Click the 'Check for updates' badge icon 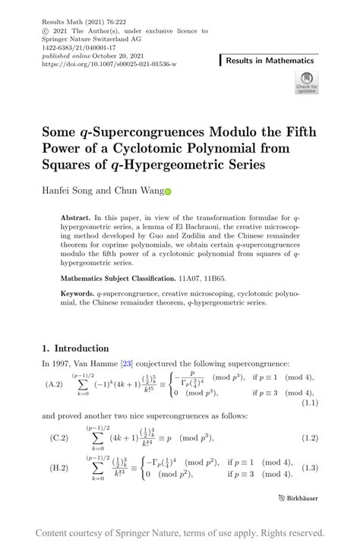pos(308,81)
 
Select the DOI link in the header pos(109,64)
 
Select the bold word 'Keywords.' pos(78,292)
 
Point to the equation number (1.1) pos(308,403)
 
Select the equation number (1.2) pos(308,438)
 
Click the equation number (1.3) pos(308,469)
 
